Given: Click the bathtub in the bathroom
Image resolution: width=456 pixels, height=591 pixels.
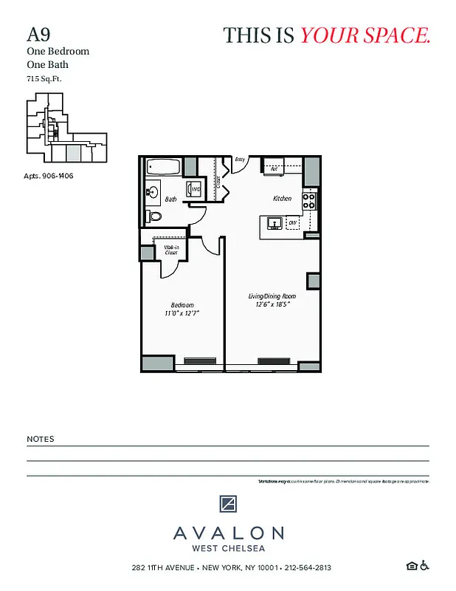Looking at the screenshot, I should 162,166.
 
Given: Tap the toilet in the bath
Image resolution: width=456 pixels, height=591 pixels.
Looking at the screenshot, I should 154,216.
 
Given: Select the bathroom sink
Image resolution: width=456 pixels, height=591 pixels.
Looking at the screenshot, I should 152,193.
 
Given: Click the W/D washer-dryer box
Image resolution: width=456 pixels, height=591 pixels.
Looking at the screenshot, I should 195,190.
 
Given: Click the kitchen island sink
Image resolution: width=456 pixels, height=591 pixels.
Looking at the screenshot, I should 272,222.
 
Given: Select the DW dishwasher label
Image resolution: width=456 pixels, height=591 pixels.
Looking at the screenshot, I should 292,222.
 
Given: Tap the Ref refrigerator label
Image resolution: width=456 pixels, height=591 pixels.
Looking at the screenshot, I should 274,169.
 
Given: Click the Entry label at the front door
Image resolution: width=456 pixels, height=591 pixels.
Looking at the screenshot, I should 240,159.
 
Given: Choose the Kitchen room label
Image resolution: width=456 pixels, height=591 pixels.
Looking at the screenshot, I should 283,198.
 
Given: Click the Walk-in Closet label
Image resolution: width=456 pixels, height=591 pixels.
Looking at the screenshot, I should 170,250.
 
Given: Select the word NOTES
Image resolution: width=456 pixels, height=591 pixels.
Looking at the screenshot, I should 40,439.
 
